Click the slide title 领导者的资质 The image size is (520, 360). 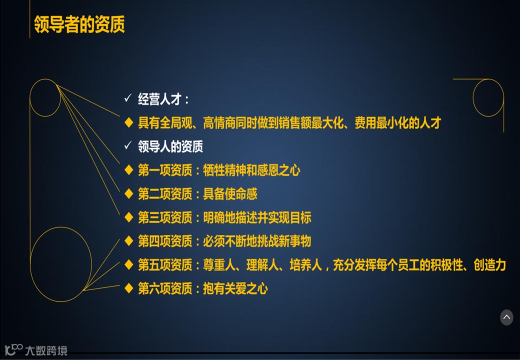(x=79, y=24)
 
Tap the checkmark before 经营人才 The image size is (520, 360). (x=128, y=98)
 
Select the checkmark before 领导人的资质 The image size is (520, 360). (x=128, y=146)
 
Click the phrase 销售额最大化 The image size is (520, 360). (x=310, y=122)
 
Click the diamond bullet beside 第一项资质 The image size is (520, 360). (x=128, y=170)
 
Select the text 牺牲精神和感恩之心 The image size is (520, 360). (x=251, y=170)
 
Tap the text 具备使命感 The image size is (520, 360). (x=230, y=194)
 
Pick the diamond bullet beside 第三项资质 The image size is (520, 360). (x=128, y=217)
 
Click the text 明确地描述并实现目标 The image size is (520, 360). (x=257, y=218)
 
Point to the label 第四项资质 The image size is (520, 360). (x=165, y=241)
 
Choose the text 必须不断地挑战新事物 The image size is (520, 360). (x=257, y=241)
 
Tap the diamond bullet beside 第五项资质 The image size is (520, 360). (x=128, y=265)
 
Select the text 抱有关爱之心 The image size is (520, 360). (x=235, y=288)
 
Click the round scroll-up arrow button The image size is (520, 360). (x=506, y=317)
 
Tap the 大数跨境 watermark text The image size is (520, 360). (x=46, y=350)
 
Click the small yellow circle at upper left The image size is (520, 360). (x=45, y=98)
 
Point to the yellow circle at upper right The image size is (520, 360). (x=488, y=98)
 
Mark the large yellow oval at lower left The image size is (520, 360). (x=61, y=264)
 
